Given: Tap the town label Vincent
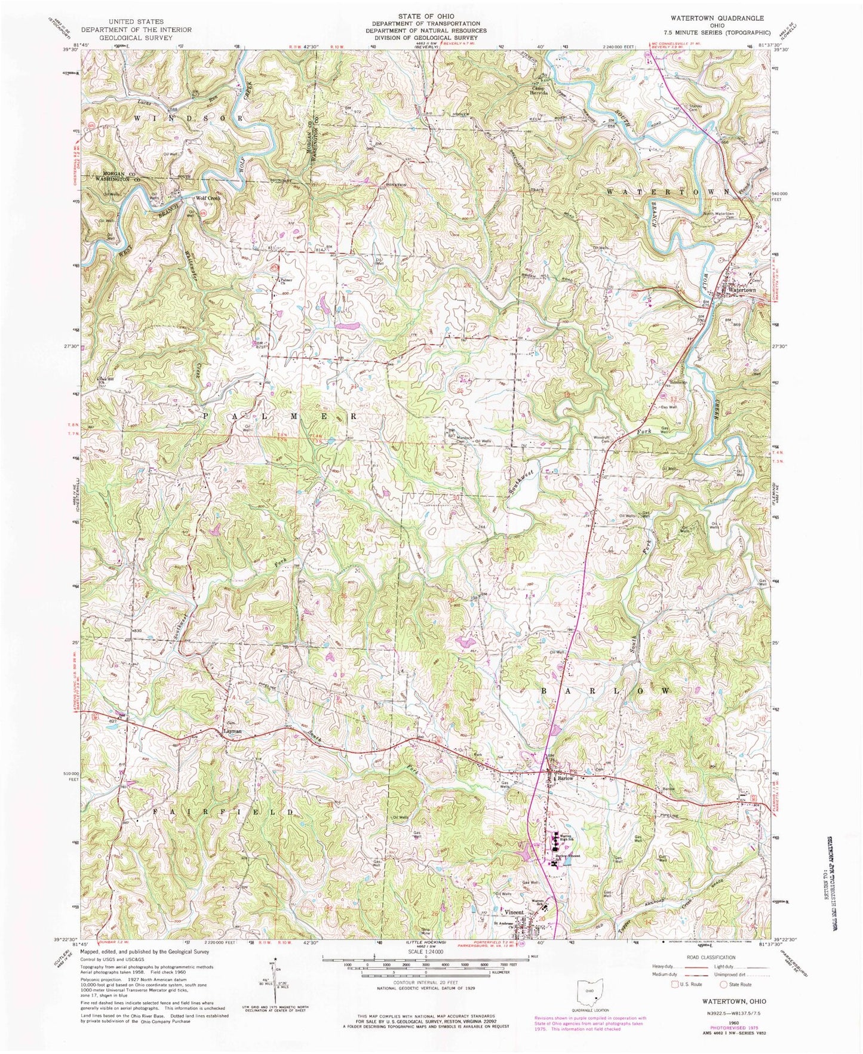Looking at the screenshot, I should click(514, 913).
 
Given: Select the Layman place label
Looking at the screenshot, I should click(232, 731).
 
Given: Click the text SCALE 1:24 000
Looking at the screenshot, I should click(425, 952).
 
